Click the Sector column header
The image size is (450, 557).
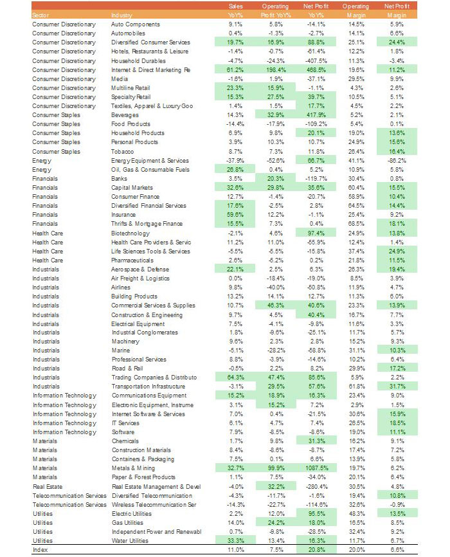click(x=40, y=15)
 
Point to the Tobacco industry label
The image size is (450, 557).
click(x=122, y=151)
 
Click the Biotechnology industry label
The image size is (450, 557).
click(x=130, y=233)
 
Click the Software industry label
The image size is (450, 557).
click(x=123, y=432)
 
